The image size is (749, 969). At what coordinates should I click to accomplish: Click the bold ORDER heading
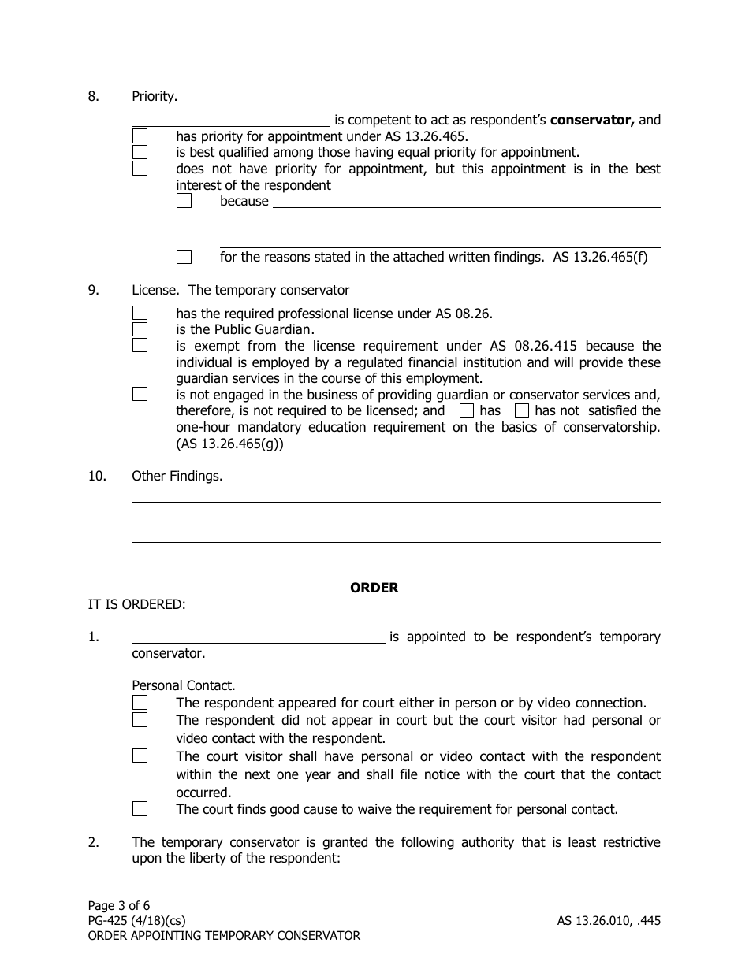coord(374,588)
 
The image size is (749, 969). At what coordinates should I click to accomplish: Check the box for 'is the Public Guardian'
coord(140,329)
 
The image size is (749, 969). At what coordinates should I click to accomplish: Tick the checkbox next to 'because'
coord(184,201)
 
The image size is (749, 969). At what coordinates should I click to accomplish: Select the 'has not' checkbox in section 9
coord(522,410)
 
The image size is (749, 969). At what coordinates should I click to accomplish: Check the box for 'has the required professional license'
coord(140,313)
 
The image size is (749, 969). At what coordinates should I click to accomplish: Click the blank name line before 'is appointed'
coord(258,637)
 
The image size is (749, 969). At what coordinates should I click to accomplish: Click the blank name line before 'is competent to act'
coord(231,120)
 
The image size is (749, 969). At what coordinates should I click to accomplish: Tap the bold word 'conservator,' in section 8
coord(592,120)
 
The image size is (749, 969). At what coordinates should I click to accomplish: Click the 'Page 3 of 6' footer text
coord(118,905)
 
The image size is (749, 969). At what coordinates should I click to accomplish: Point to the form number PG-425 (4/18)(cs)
coord(136,920)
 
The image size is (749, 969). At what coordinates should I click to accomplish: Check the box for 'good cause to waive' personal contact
coord(140,808)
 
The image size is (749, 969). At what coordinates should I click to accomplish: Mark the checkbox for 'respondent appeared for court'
coord(140,702)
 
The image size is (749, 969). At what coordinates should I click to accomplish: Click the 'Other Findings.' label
coord(177,476)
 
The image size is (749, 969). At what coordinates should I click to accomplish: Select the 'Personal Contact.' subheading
coord(183,685)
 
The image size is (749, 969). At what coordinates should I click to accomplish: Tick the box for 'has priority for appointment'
coord(140,136)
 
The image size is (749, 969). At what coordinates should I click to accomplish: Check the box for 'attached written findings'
coord(184,257)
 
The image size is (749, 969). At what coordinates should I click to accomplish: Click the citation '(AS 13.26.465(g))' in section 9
coord(229,444)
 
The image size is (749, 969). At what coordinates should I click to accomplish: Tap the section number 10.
coord(96,476)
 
